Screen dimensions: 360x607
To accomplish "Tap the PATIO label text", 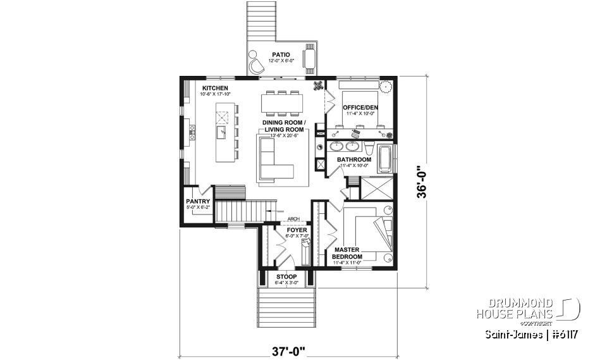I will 281,55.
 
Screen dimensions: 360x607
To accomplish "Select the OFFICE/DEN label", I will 360,108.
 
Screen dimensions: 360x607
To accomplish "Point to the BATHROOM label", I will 353,159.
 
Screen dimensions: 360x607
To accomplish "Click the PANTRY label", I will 197,202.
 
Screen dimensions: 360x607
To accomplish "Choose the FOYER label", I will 297,230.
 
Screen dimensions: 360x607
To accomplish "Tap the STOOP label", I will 286,277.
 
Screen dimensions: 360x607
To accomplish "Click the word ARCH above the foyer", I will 293,220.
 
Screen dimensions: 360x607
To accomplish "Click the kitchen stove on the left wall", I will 191,132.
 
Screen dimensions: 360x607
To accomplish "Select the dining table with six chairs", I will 281,102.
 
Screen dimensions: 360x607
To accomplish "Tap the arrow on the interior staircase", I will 271,211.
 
